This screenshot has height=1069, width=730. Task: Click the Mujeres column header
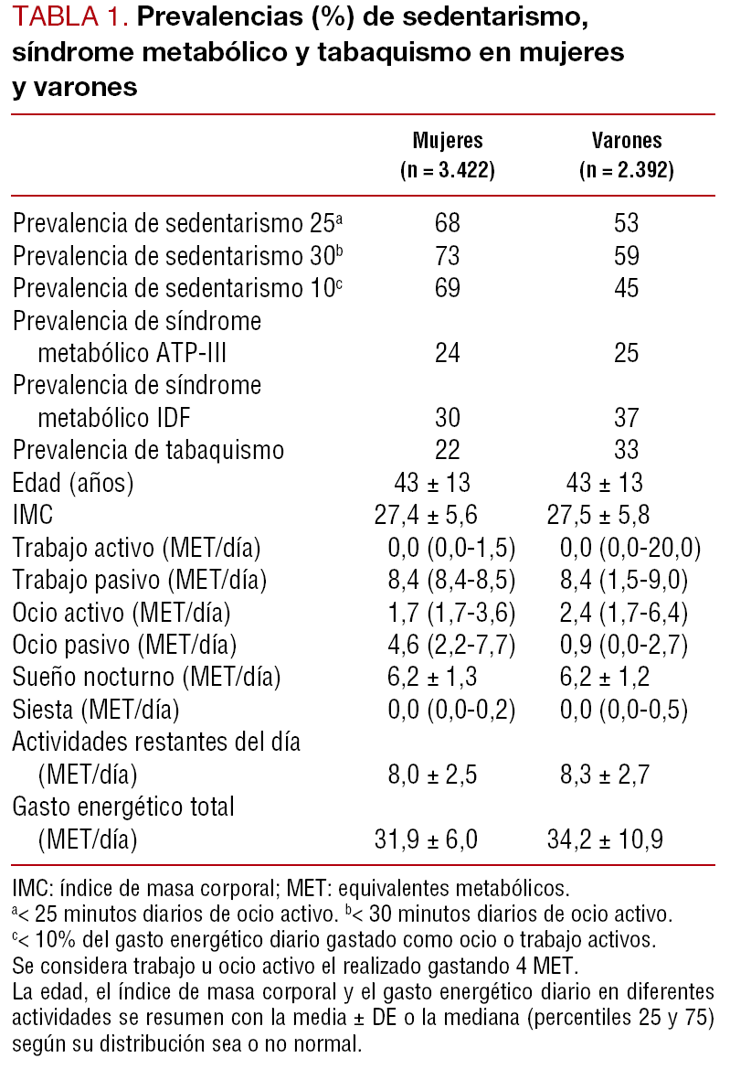coord(448,141)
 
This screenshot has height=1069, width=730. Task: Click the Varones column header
coord(626,141)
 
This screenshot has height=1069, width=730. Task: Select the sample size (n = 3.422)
coord(448,170)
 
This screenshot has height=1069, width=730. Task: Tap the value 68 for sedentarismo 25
coord(448,223)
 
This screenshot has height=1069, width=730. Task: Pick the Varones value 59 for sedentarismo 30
coord(626,256)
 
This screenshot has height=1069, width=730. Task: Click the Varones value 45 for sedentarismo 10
coord(626,289)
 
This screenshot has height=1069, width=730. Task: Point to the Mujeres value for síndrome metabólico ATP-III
coord(448,354)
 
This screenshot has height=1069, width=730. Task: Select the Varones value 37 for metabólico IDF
coord(626,418)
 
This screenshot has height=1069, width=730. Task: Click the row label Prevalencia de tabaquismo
coord(148,450)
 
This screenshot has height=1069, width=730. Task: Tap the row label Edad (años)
coord(73,483)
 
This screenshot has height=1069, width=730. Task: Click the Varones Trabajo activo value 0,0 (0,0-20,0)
coord(630,548)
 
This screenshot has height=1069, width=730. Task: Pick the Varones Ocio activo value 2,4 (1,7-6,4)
coord(630,613)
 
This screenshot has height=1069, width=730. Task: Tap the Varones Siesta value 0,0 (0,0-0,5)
coord(630,710)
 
